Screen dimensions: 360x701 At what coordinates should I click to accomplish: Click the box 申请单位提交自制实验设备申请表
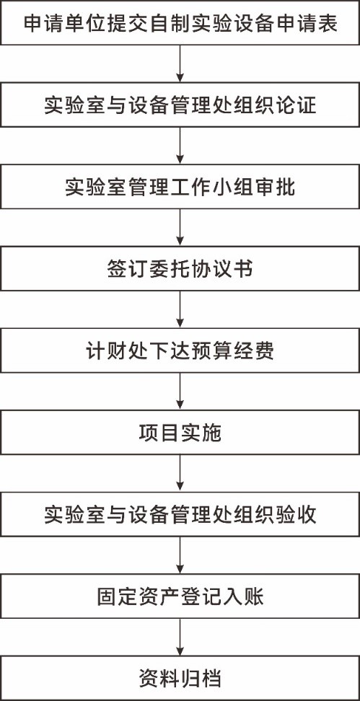pyautogui.click(x=180, y=22)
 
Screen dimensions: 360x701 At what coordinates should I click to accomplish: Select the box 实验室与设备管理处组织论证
pyautogui.click(x=180, y=105)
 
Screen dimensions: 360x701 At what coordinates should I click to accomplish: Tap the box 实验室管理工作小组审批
pyautogui.click(x=180, y=186)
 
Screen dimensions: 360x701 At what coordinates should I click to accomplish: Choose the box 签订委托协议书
pyautogui.click(x=180, y=269)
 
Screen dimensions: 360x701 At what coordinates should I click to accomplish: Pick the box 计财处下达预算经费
pyautogui.click(x=180, y=350)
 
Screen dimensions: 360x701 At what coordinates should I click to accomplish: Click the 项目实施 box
pyautogui.click(x=180, y=432)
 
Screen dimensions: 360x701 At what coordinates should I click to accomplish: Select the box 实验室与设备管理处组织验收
pyautogui.click(x=180, y=515)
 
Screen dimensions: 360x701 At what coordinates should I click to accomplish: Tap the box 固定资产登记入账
pyautogui.click(x=180, y=596)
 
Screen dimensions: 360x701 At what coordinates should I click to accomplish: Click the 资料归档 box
pyautogui.click(x=180, y=678)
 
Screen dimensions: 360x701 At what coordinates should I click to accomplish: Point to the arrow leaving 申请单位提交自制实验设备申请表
pyautogui.click(x=180, y=63)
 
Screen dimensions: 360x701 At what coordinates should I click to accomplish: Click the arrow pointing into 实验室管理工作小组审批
pyautogui.click(x=180, y=146)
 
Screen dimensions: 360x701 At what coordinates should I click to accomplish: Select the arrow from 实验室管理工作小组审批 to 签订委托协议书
pyautogui.click(x=180, y=228)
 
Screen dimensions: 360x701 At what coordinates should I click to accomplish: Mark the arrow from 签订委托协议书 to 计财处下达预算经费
pyautogui.click(x=180, y=309)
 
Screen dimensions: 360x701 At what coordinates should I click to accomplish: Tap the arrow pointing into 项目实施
pyautogui.click(x=180, y=392)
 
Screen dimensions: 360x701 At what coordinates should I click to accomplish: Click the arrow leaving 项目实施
pyautogui.click(x=180, y=473)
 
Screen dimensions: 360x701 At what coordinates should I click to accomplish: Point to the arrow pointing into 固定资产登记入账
pyautogui.click(x=180, y=556)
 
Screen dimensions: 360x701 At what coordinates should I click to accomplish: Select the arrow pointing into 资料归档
pyautogui.click(x=180, y=638)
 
